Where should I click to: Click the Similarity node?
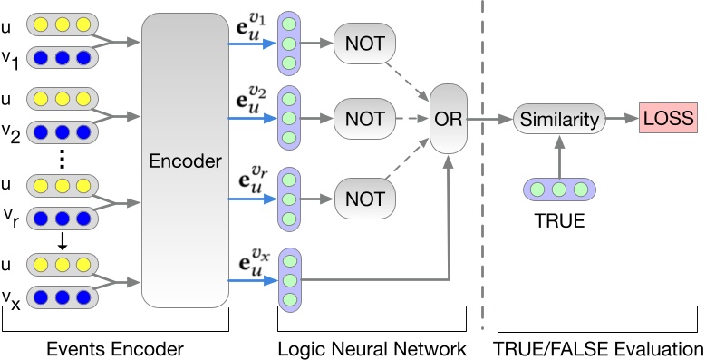[x=560, y=118]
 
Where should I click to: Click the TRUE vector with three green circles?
[x=560, y=190]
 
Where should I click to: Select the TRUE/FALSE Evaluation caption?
[x=599, y=348]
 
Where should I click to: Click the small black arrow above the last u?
[x=61, y=241]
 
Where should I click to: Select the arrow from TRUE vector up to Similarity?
[x=560, y=155]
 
